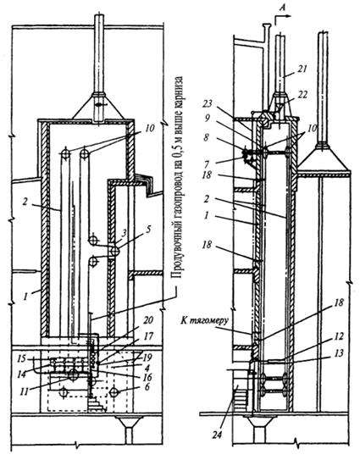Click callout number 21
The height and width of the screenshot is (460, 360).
click(x=301, y=69)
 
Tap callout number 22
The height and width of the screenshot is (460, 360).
click(x=302, y=95)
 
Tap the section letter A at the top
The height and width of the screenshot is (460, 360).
click(x=282, y=9)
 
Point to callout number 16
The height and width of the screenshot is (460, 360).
click(x=147, y=376)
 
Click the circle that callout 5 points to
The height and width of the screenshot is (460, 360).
click(x=114, y=251)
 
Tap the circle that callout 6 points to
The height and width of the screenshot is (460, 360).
click(x=114, y=392)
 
